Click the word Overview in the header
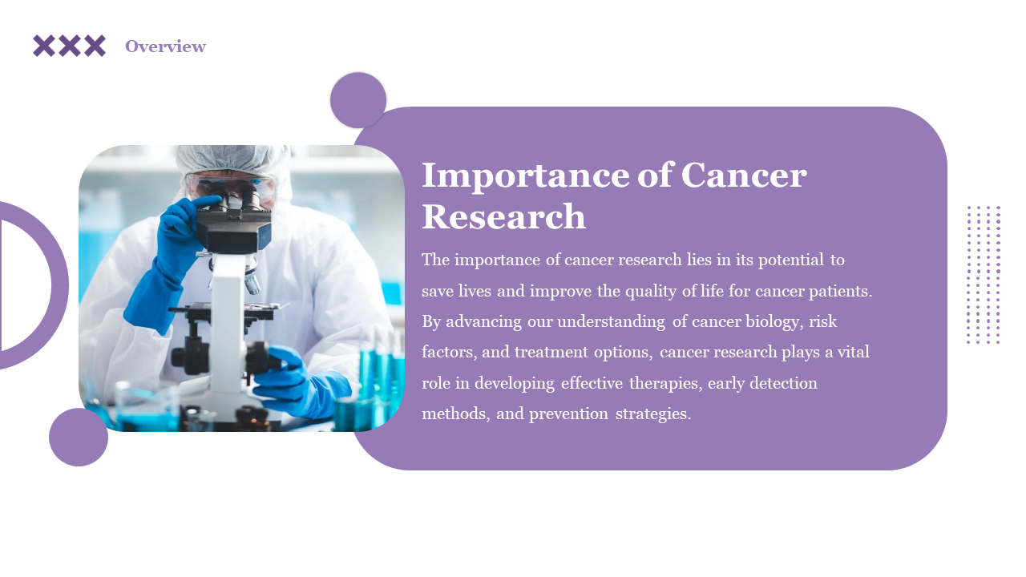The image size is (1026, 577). [x=165, y=46]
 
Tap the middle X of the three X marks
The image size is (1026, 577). [x=69, y=46]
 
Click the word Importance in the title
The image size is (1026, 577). [x=526, y=176]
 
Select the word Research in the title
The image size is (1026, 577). [x=504, y=216]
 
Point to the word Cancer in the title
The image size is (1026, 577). [x=744, y=175]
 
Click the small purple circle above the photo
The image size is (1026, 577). [x=358, y=100]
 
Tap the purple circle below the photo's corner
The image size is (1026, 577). [x=79, y=438]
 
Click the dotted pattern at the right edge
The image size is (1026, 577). [x=984, y=275]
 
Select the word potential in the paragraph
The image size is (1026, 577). [x=791, y=260]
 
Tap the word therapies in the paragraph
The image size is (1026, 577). [x=665, y=383]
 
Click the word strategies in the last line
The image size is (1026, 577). [x=653, y=414]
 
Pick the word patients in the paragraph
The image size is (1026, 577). [x=841, y=291]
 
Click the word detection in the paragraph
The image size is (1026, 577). [x=783, y=383]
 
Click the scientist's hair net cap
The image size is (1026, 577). [x=232, y=159]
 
